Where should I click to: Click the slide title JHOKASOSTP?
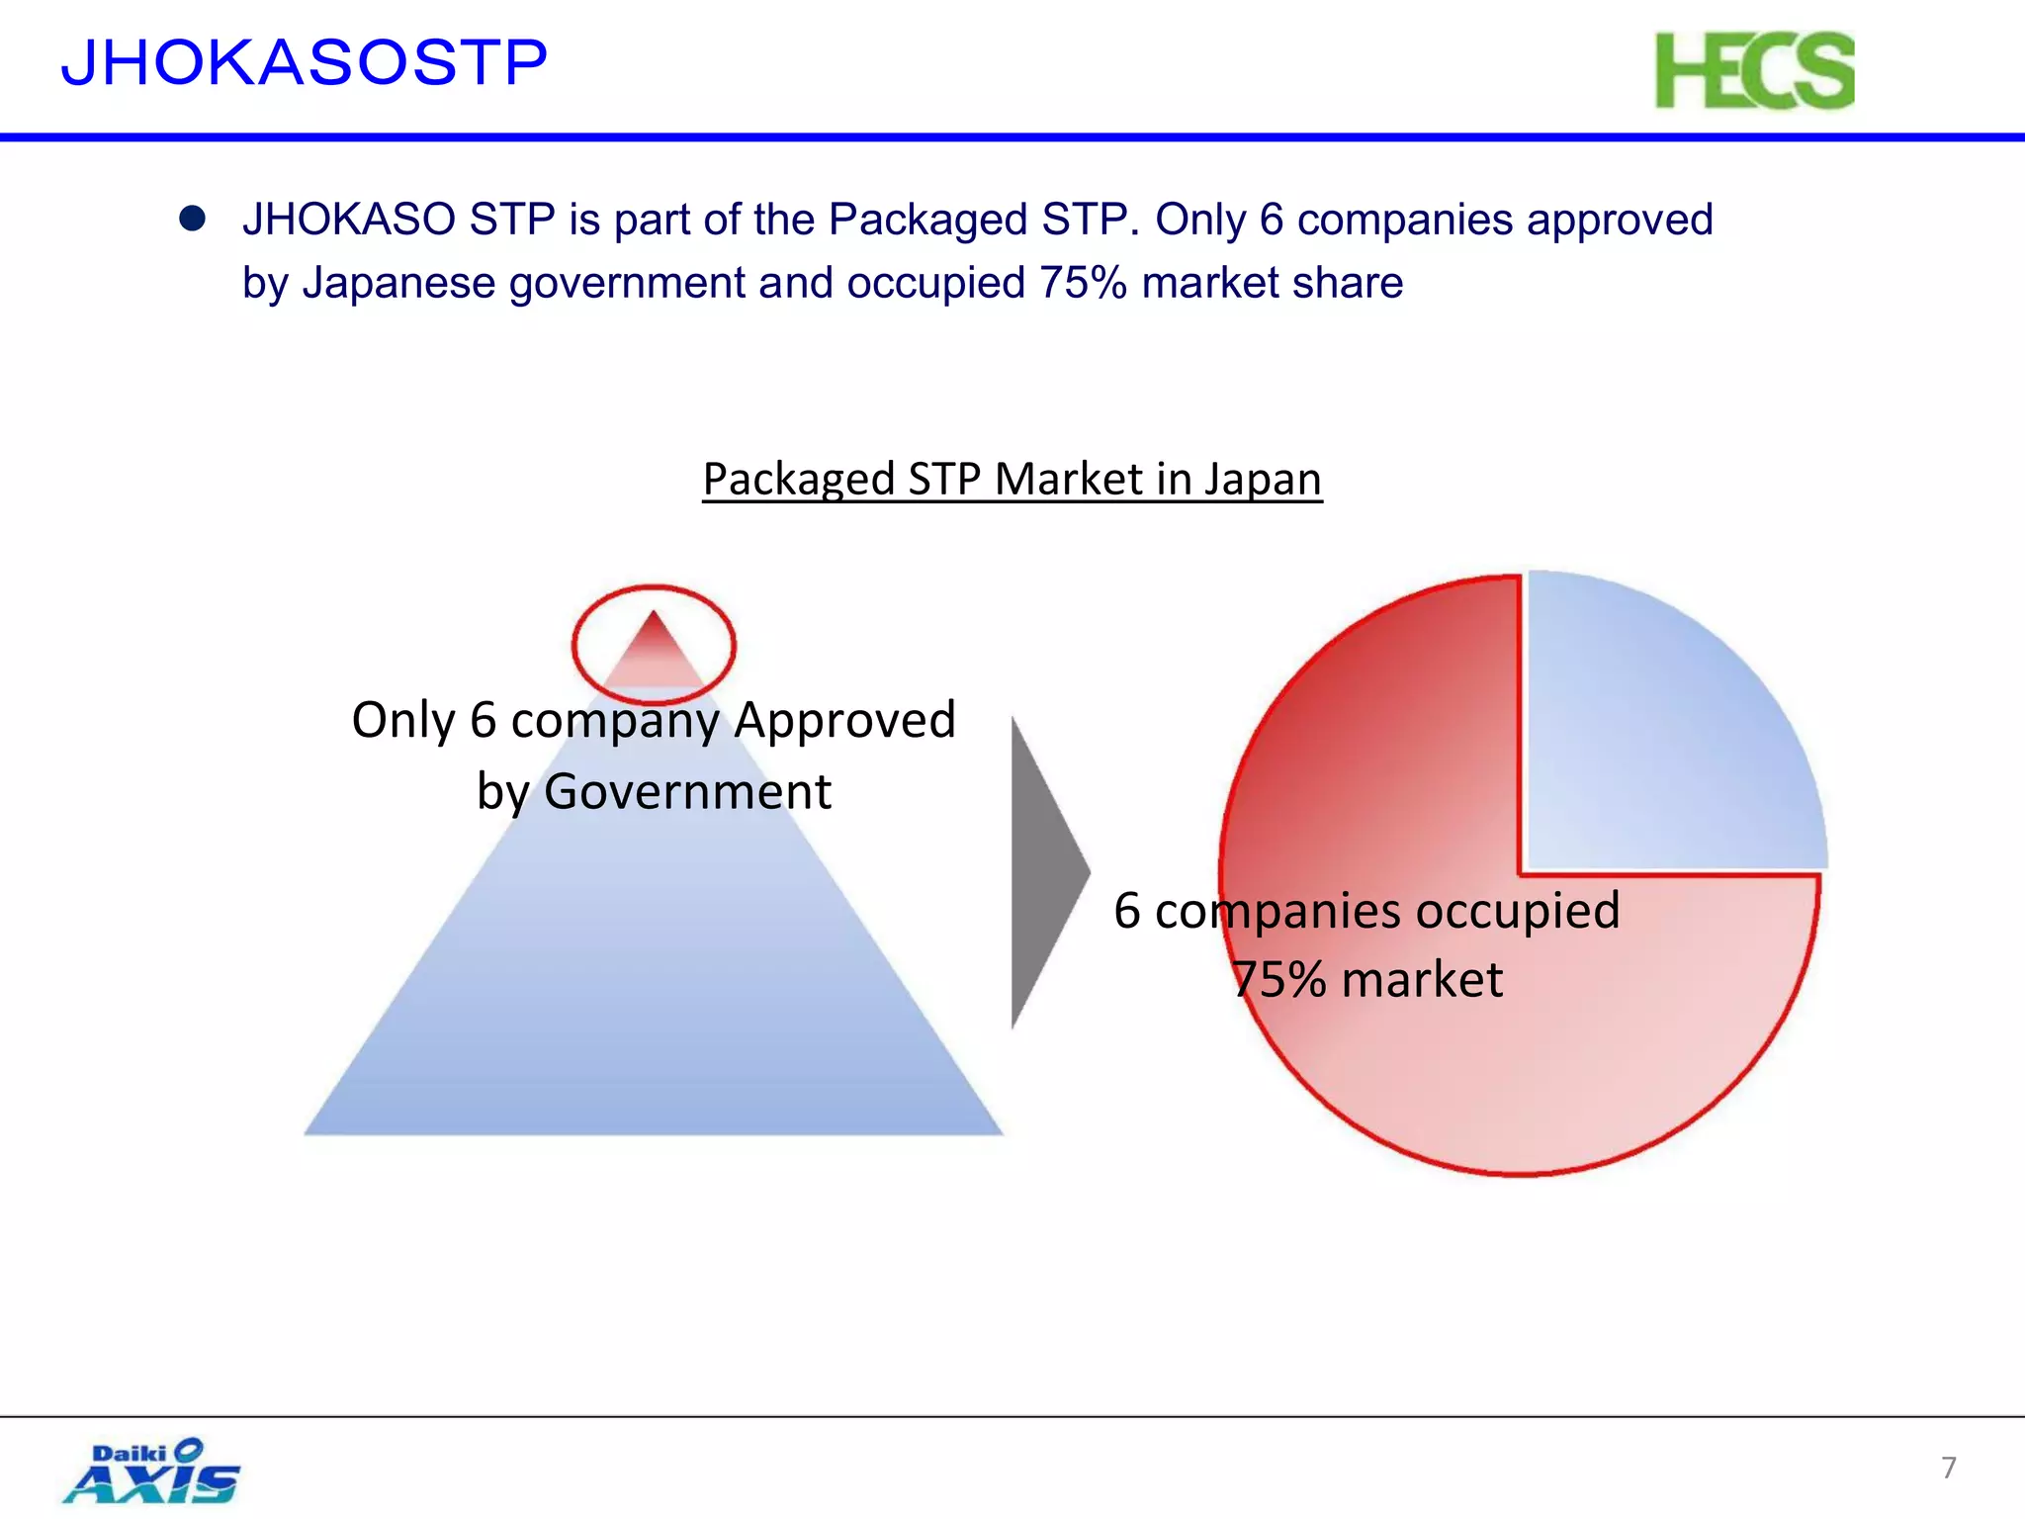click(304, 63)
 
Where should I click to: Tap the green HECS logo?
click(1754, 71)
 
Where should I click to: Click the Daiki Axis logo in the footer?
click(153, 1472)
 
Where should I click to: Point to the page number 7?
click(1948, 1468)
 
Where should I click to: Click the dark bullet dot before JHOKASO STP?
click(192, 219)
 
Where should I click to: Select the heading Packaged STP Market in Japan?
click(1012, 480)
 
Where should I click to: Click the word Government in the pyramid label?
click(687, 792)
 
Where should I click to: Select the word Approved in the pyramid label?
click(844, 720)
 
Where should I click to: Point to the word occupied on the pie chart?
click(1518, 911)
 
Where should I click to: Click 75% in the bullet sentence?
click(1083, 284)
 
